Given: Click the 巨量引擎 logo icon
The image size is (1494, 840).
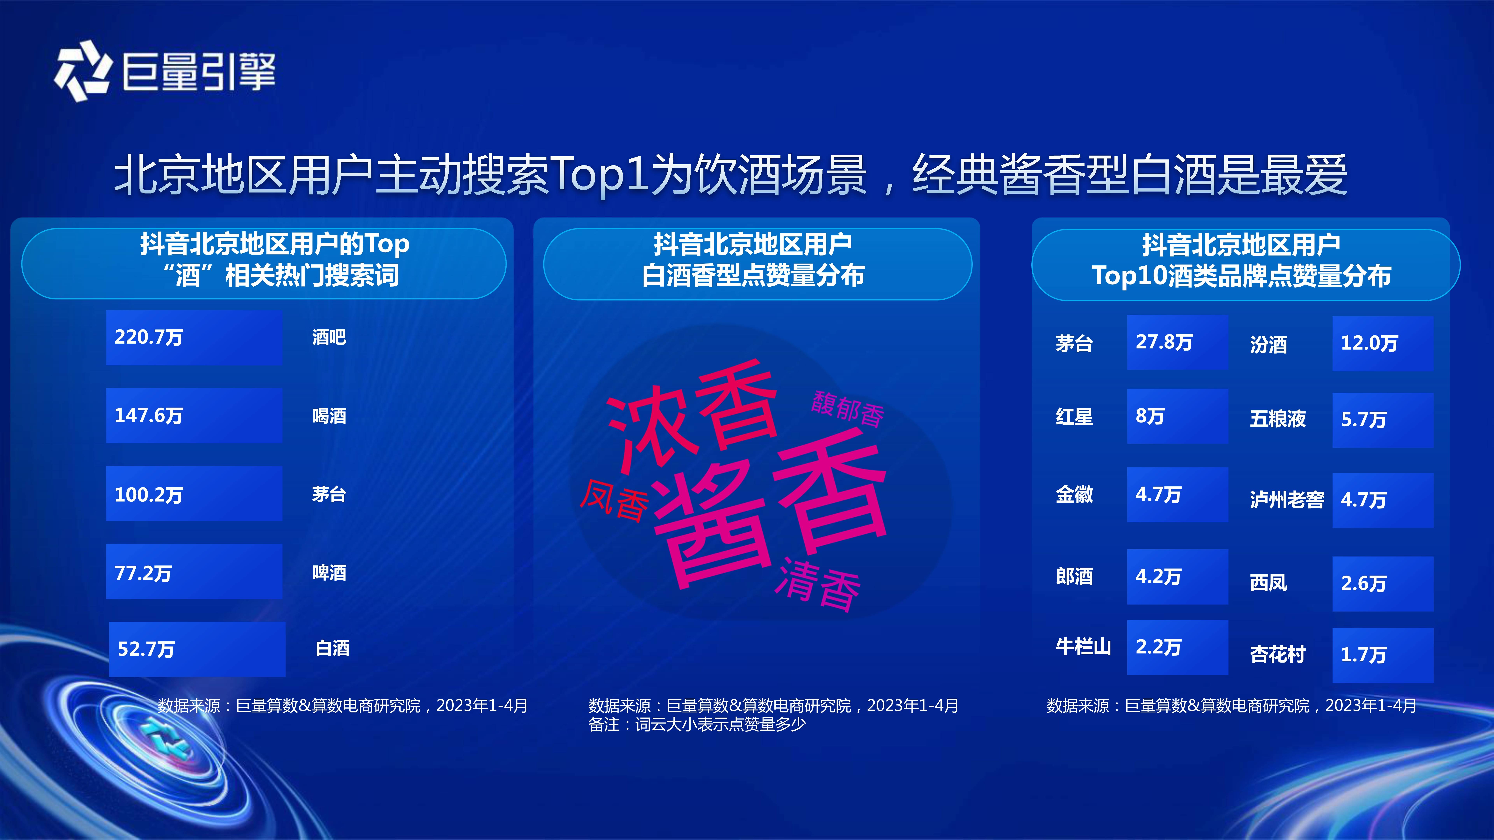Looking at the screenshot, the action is pos(82,71).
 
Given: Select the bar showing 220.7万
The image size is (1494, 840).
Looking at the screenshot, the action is pos(194,337).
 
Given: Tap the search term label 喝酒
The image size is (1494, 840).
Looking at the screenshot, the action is pos(329,416).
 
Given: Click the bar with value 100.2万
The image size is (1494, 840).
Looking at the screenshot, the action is pos(194,494).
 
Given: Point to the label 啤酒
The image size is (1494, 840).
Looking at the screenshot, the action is pos(329,573).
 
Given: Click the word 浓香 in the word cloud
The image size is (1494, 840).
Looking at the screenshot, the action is pos(691,415).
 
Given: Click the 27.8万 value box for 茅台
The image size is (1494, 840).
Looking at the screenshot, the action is pos(1177,342).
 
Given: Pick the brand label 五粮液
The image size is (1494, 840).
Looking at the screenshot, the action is pos(1278,419).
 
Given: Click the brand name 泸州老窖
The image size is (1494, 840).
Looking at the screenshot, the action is pos(1287,499).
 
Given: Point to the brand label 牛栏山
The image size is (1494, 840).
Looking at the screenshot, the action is pos(1083,646).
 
